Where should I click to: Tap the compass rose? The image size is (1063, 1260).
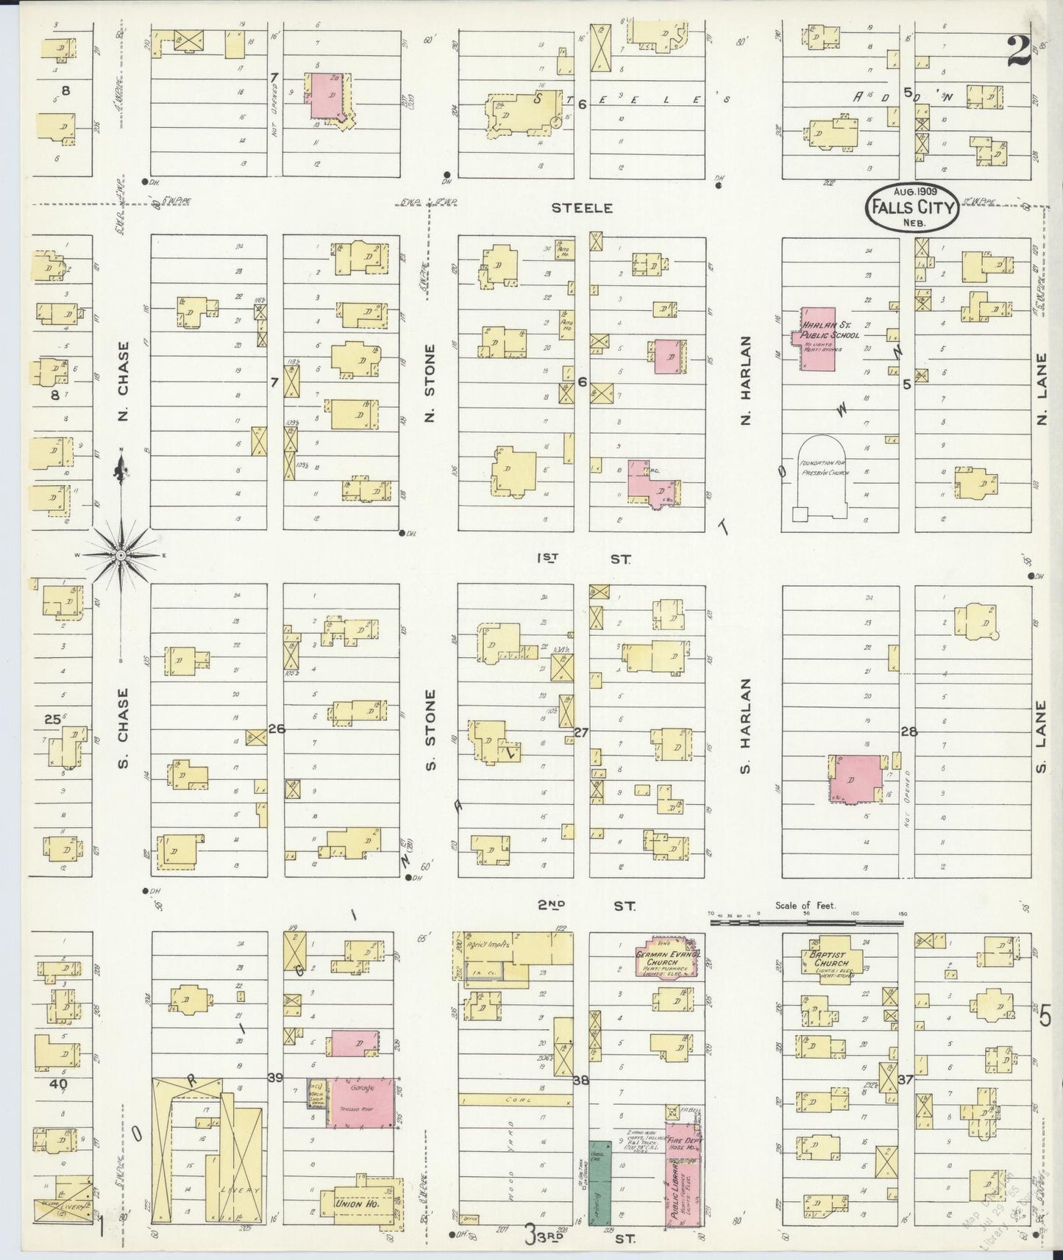click(x=121, y=555)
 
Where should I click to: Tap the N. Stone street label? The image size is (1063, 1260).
click(x=430, y=384)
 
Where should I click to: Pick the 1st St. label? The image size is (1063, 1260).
click(x=583, y=559)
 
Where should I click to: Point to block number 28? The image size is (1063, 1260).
click(x=909, y=732)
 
